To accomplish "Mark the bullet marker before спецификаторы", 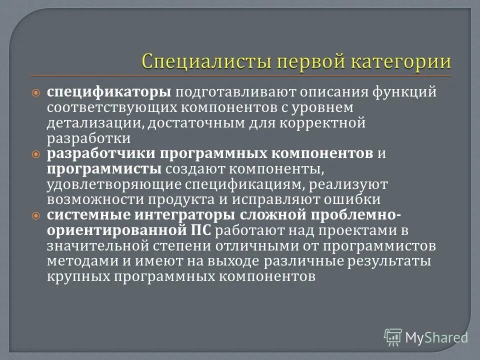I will click(35, 93).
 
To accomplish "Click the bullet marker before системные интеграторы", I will click(35, 215).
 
